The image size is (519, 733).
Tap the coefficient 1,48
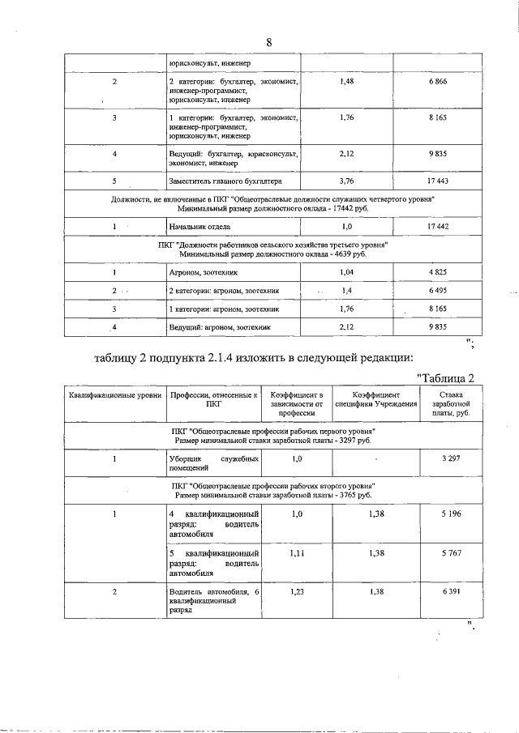click(346, 83)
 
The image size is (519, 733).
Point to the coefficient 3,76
click(346, 181)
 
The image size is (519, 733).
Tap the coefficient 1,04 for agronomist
click(346, 273)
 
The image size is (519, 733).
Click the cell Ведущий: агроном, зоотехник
click(219, 327)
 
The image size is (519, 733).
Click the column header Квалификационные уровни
click(114, 394)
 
